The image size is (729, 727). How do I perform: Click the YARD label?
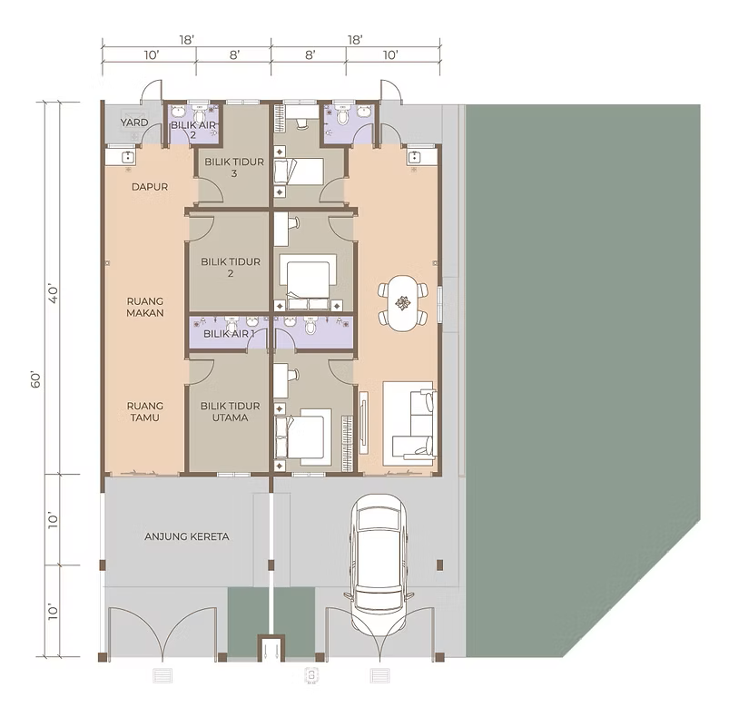coord(134,123)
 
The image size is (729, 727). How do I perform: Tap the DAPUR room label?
coord(150,187)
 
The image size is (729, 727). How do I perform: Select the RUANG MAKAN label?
coord(145,308)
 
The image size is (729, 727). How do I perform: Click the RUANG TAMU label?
coord(145,412)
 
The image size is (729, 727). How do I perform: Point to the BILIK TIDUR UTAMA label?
coord(230,412)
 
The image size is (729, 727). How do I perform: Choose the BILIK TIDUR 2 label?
coord(231,268)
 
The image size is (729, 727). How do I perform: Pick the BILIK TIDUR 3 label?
coord(234,168)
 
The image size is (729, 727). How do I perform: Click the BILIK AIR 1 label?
coord(229,334)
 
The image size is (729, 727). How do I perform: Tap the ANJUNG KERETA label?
coord(187,537)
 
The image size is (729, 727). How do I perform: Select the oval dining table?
coord(402,303)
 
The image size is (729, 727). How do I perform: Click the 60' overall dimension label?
coord(36,379)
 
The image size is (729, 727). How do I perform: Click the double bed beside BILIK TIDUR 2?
coord(308,282)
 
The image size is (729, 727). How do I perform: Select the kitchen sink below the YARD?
coord(127,158)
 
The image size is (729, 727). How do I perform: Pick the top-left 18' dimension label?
coord(186,40)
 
